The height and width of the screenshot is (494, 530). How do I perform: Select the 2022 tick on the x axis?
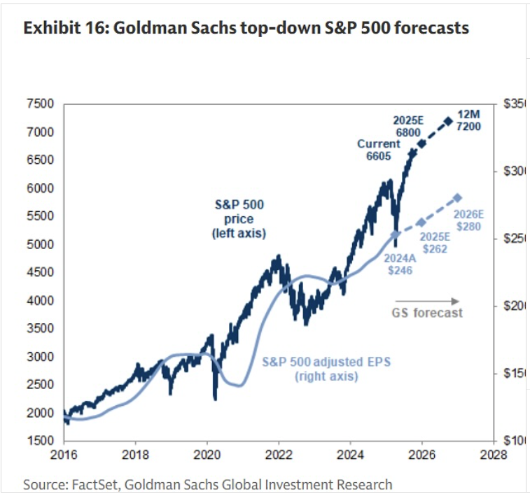(279, 453)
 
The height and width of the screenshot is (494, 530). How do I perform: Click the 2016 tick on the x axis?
(64, 453)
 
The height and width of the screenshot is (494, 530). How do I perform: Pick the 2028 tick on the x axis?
(494, 453)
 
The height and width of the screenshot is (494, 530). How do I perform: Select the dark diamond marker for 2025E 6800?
(421, 143)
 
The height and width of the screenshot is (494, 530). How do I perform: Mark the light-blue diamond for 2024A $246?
(396, 234)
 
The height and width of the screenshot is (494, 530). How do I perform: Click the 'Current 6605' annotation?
(379, 150)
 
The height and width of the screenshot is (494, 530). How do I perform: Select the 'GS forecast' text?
(426, 313)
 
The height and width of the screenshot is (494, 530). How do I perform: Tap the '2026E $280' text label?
(466, 221)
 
